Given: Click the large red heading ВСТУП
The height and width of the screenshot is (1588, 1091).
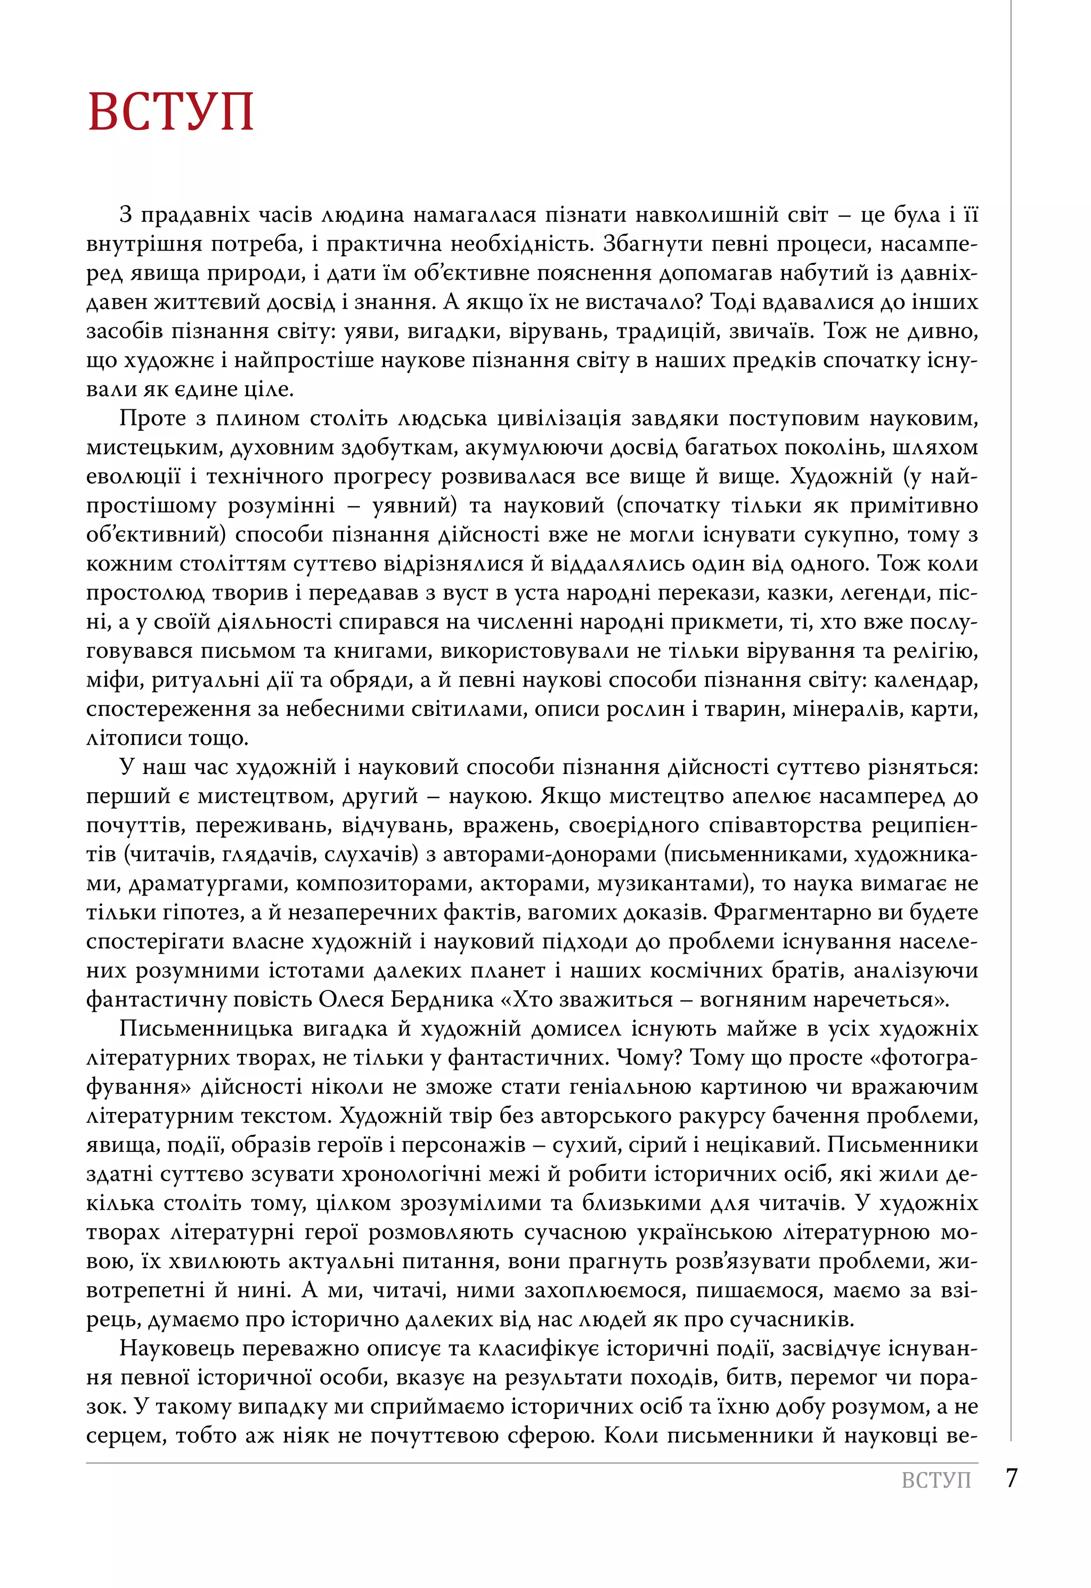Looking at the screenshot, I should [171, 111].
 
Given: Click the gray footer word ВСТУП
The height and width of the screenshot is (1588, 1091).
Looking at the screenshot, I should [936, 1480].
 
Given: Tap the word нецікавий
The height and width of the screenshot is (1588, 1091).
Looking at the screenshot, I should [762, 1146].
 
